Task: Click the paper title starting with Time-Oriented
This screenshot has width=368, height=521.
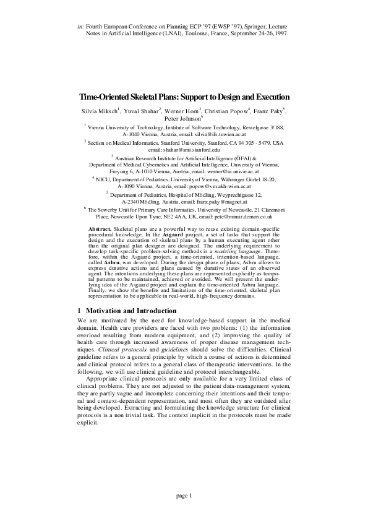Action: pos(184,98)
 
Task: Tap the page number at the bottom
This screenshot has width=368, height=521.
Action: pos(184,495)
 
